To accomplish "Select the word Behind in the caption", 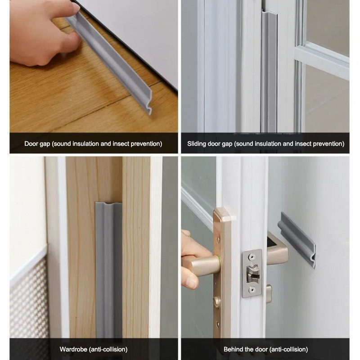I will click(234, 349).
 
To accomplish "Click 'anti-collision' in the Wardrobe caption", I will click(111, 349).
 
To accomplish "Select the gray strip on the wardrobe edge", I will click(108, 270).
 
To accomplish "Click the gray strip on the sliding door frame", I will click(269, 72).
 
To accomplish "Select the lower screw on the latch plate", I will click(252, 290).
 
